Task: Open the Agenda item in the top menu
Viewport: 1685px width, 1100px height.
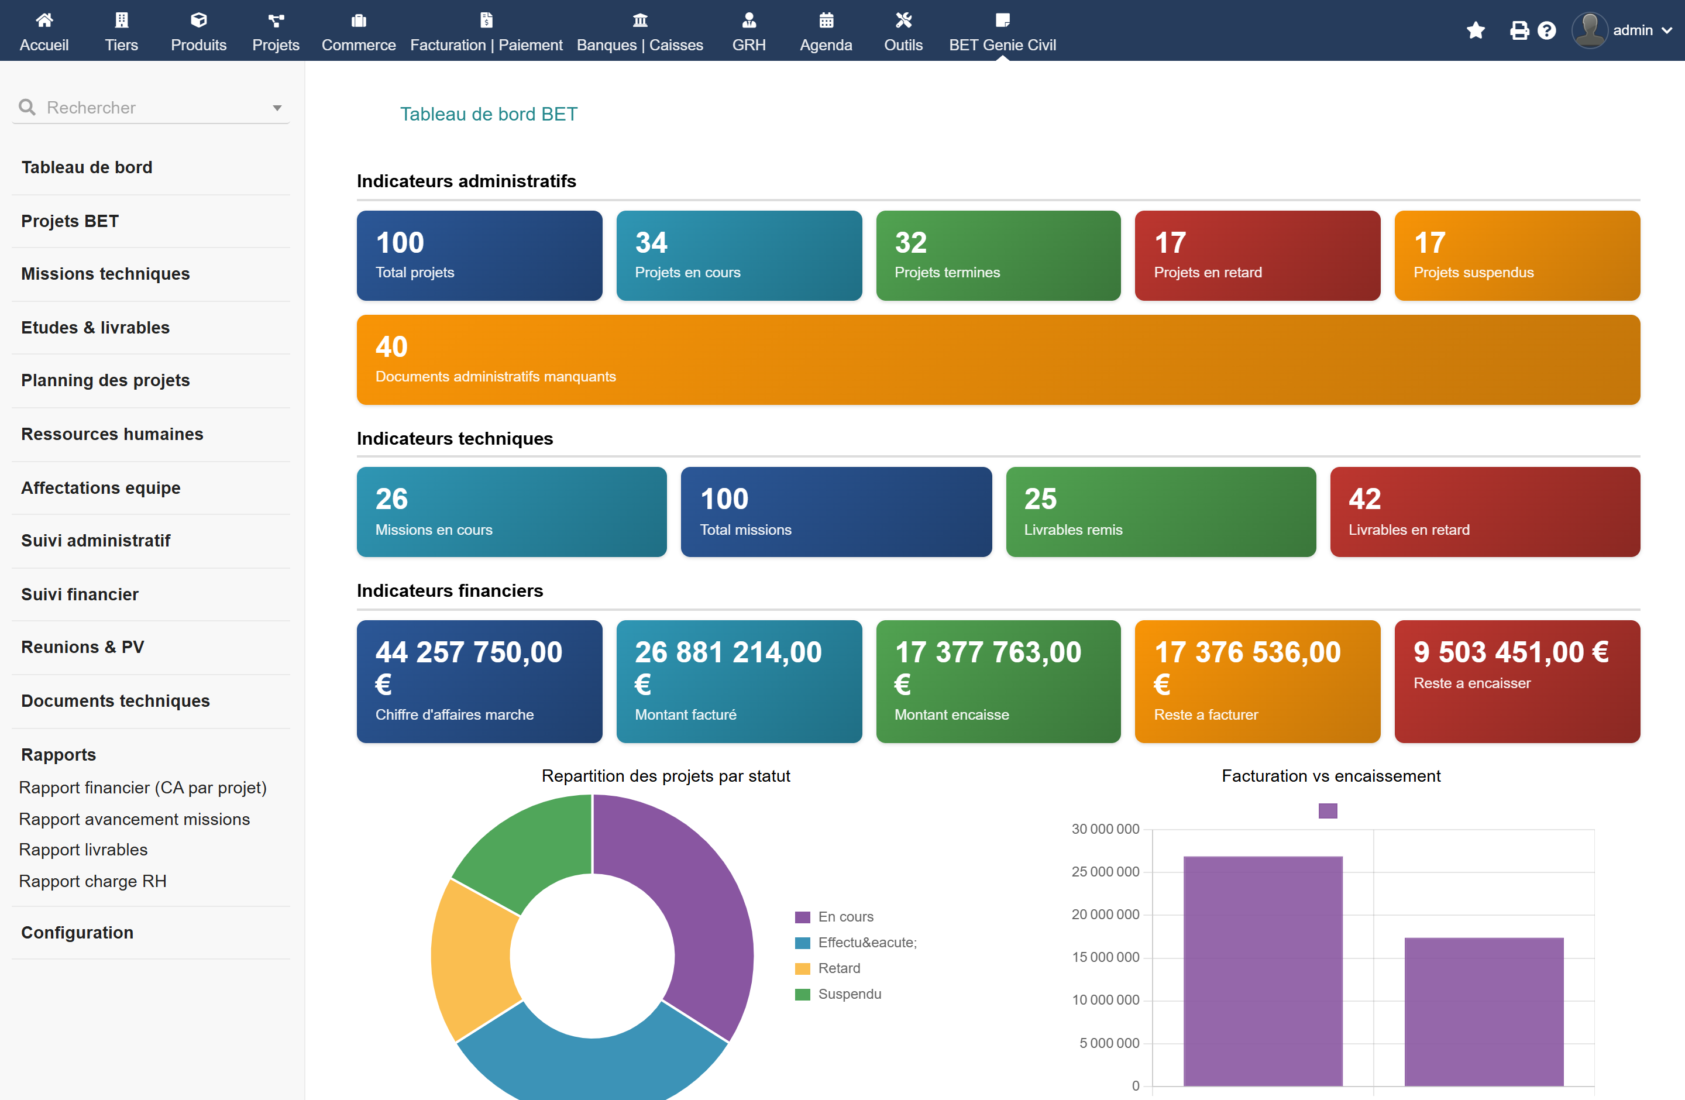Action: [x=826, y=31]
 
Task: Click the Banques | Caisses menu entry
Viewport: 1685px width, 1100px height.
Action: [x=639, y=31]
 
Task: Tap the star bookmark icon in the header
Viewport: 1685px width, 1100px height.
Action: [x=1476, y=30]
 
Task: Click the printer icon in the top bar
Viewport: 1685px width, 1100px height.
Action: [x=1519, y=30]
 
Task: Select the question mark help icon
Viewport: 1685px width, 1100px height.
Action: [x=1547, y=30]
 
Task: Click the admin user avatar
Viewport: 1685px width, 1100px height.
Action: [x=1590, y=30]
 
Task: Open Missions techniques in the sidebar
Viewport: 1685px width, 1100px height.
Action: [x=105, y=274]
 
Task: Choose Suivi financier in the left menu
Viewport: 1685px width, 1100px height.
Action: [x=80, y=594]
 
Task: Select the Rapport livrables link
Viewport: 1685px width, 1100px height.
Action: [x=84, y=850]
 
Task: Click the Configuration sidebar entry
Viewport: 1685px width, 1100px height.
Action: [x=77, y=932]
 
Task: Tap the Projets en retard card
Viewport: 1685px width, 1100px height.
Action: [x=1257, y=256]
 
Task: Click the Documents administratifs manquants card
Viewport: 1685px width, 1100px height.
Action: [x=998, y=360]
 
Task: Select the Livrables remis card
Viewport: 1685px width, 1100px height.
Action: [x=1160, y=512]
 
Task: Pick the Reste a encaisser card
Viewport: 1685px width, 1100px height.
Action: [x=1517, y=682]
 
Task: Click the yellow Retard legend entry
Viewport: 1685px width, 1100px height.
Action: [x=828, y=968]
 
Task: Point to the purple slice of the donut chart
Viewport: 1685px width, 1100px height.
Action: [x=701, y=906]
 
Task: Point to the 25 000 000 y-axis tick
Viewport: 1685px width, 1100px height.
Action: [x=1105, y=871]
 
